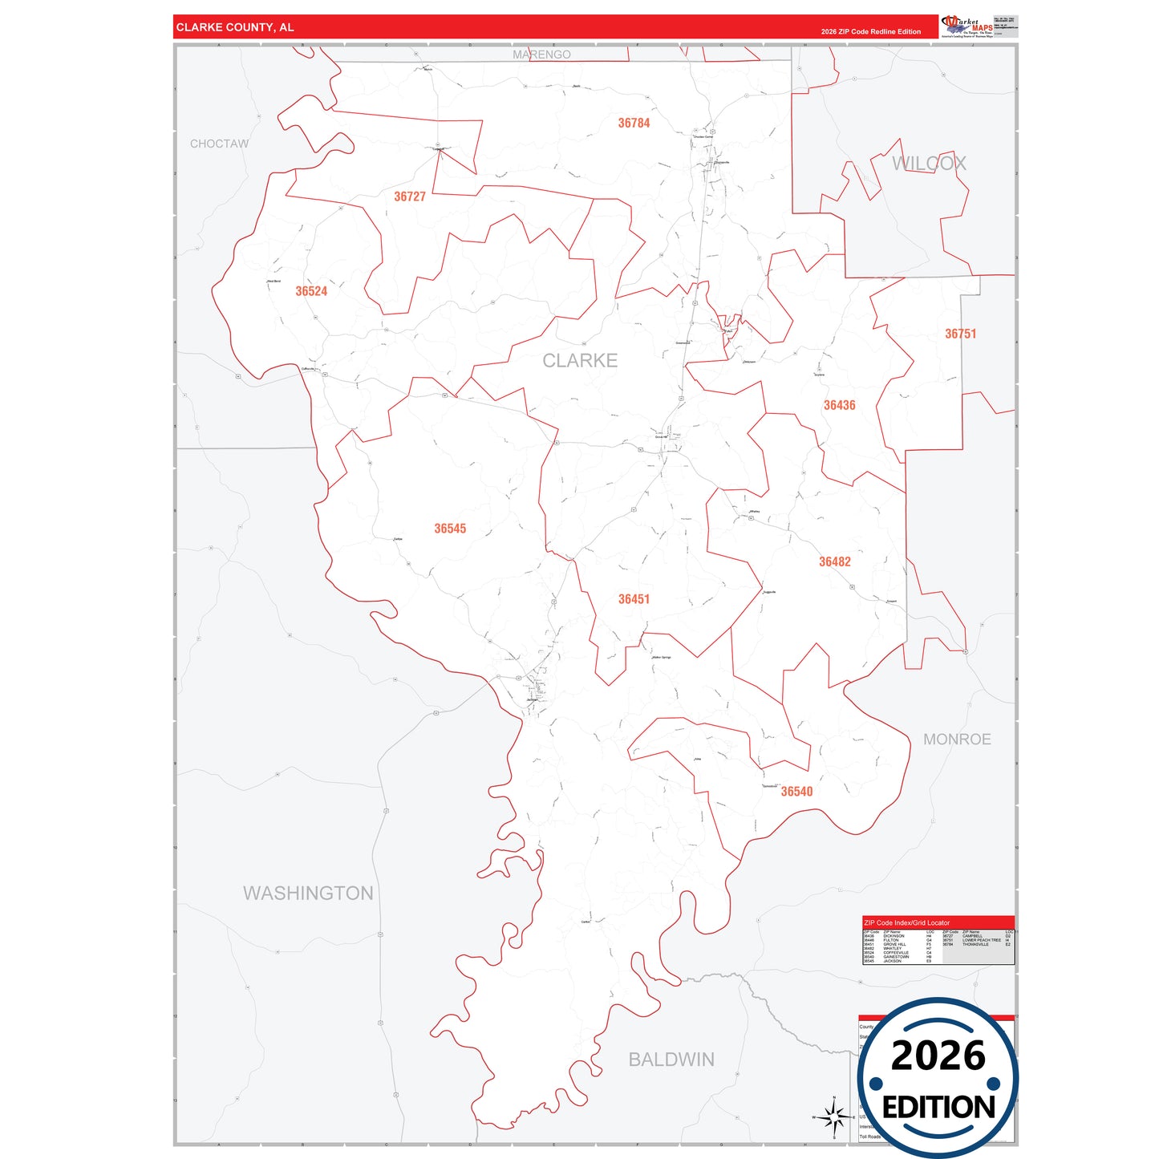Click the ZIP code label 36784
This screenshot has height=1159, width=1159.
[634, 124]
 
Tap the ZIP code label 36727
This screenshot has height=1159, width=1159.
[410, 197]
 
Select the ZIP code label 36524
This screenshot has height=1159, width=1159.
[311, 291]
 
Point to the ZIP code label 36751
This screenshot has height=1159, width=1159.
[960, 334]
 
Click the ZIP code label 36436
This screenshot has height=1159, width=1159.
[839, 405]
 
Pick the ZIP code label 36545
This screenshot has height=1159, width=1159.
[450, 529]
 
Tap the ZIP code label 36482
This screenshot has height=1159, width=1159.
[834, 561]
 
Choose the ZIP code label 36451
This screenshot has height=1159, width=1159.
[634, 599]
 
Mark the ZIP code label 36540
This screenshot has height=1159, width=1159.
[796, 792]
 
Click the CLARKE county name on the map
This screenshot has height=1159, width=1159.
[580, 361]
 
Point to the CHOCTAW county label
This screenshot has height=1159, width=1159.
[219, 144]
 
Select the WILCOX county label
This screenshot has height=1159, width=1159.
[929, 164]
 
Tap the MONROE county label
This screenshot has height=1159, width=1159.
[957, 740]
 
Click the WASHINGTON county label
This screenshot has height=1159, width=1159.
[308, 894]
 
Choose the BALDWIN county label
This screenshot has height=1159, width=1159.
[671, 1060]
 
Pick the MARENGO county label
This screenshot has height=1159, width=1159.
[541, 55]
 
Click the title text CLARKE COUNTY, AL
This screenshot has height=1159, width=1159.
[235, 27]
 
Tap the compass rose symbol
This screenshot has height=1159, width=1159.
[833, 1116]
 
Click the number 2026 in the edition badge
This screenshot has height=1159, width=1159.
[938, 1056]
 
